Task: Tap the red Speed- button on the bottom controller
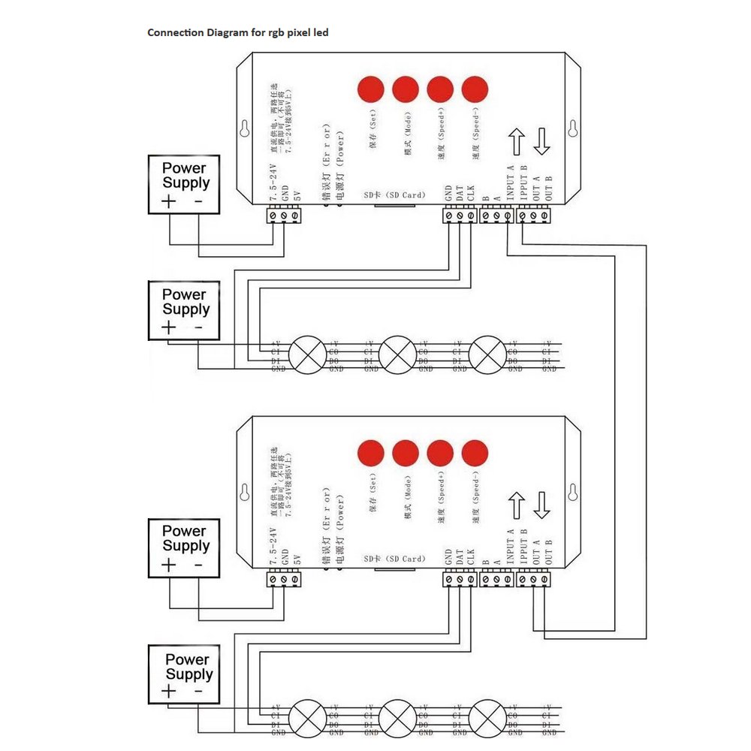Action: pos(475,453)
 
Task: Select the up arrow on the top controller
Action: pos(516,142)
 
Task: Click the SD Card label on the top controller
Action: pos(394,195)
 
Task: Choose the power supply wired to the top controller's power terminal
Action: pos(184,185)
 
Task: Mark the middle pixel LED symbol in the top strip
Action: pos(396,354)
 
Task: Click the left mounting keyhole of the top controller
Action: pos(243,129)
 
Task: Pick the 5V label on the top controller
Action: pos(297,198)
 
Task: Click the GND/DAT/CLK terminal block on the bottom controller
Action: pos(460,580)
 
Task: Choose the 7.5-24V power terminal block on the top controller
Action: pos(285,216)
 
